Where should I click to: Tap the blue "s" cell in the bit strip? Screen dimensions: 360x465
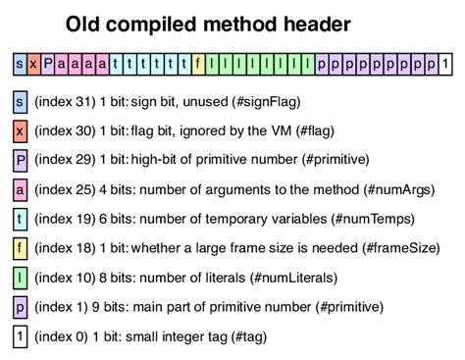[20, 65]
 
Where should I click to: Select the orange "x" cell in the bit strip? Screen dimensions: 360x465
[33, 65]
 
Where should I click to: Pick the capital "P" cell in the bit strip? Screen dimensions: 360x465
[48, 65]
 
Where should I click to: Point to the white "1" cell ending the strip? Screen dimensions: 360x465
[446, 65]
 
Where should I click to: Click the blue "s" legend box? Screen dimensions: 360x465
[20, 101]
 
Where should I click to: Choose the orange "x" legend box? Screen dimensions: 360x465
[20, 130]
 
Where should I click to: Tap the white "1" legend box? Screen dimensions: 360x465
[20, 336]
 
